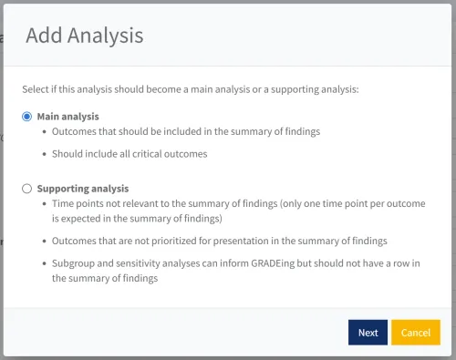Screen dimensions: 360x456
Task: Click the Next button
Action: (x=368, y=333)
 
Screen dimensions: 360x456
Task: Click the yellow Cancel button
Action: (x=415, y=333)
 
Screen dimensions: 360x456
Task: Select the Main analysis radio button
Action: (x=27, y=117)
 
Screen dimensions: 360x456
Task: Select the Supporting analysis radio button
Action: (x=27, y=189)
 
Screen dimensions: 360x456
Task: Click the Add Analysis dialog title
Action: (x=84, y=36)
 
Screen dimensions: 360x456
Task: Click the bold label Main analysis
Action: (x=67, y=117)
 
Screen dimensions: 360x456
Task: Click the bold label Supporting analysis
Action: (x=82, y=189)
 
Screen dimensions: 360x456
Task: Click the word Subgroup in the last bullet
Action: (x=76, y=263)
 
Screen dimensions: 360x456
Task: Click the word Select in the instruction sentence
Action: (x=36, y=89)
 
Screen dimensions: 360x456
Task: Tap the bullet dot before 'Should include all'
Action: (x=46, y=154)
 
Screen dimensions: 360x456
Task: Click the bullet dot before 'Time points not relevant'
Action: (x=46, y=204)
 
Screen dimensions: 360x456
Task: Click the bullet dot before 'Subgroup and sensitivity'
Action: (x=46, y=263)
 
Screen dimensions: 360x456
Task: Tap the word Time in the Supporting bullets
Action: (x=65, y=204)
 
